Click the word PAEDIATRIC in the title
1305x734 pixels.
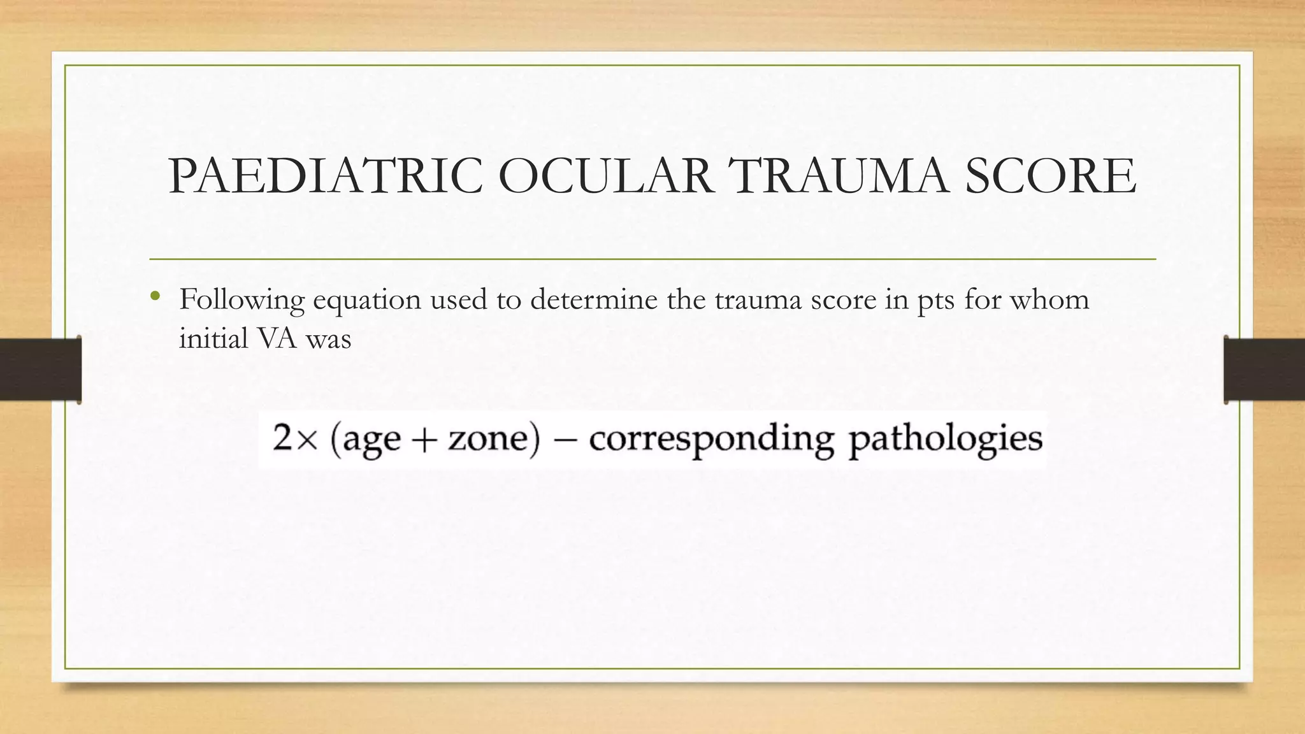coord(326,176)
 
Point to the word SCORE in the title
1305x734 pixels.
coord(1050,176)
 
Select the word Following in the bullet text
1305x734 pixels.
coord(242,299)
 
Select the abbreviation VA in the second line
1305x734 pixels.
coord(278,338)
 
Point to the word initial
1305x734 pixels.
coord(213,338)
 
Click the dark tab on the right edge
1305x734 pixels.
coord(1264,370)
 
